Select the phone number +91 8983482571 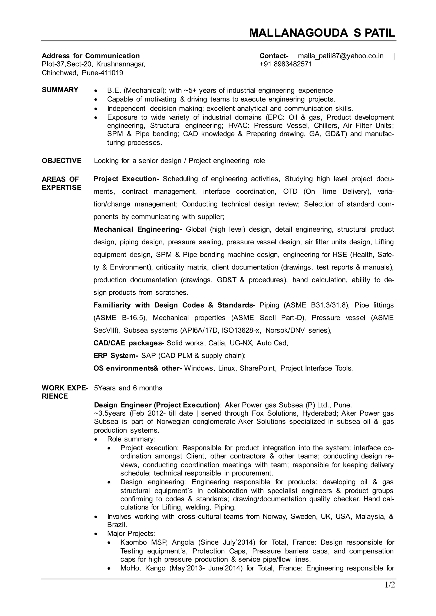pos(286,64)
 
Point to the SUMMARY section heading pos(60,90)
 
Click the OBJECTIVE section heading pos(62,161)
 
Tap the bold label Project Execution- pos(126,179)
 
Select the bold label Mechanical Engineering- pos(138,229)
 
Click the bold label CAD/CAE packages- pos(129,343)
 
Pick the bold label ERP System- pos(116,356)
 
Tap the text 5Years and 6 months pos(128,388)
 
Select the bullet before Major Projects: pos(96,534)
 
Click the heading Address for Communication pos(91,56)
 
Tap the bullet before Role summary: pos(96,439)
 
